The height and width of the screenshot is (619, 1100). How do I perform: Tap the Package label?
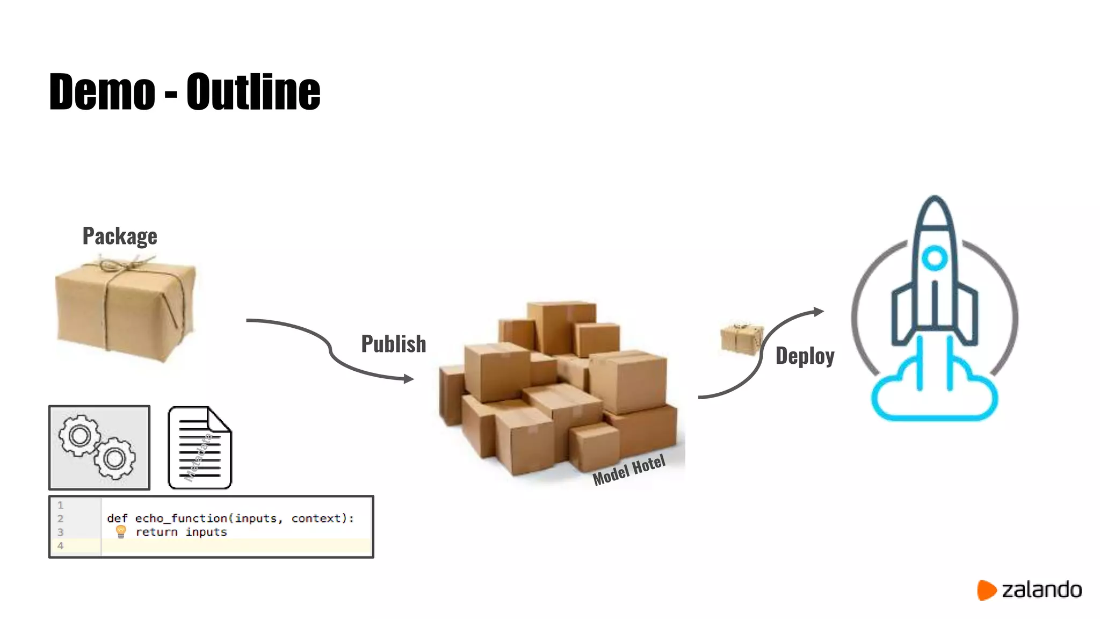click(120, 236)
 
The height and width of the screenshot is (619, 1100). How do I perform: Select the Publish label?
click(394, 344)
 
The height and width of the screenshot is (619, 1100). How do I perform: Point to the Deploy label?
click(805, 356)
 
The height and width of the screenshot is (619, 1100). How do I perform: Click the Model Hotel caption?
click(629, 470)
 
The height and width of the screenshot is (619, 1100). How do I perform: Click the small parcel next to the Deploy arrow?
click(741, 339)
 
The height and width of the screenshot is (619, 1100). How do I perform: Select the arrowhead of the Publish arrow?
click(409, 379)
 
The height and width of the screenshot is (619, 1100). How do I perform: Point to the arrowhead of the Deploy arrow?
click(819, 311)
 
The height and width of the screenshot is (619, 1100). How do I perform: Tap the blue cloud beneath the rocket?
click(934, 398)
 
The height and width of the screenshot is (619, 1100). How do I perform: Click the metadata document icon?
click(200, 448)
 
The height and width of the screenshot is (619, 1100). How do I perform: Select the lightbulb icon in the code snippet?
click(121, 532)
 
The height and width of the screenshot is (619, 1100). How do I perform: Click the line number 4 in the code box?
click(60, 546)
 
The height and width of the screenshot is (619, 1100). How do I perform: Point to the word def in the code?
click(117, 519)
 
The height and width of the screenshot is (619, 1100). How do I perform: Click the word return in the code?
click(156, 532)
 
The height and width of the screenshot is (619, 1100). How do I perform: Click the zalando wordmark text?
click(1041, 590)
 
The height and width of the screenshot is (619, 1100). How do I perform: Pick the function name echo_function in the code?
click(181, 519)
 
